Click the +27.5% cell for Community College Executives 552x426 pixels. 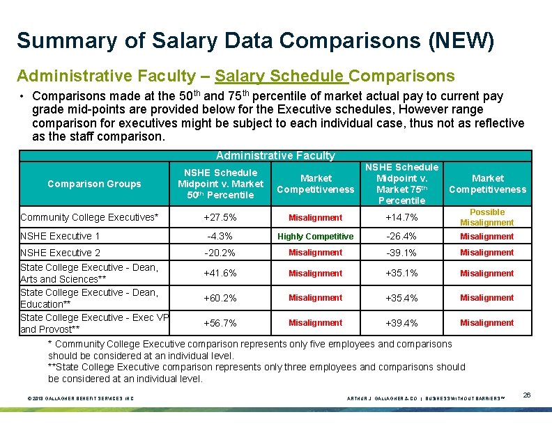coord(220,217)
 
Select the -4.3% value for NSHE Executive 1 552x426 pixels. coord(220,237)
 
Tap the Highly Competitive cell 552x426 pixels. coord(315,237)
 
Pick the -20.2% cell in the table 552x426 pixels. coord(220,253)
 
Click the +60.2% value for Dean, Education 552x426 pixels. coord(220,298)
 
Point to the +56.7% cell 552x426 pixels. coord(220,323)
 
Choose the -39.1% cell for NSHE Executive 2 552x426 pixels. coord(401,253)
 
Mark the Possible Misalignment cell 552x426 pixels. coord(486,217)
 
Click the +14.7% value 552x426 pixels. coord(401,217)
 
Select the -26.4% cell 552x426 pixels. coord(401,237)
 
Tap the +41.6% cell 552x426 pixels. coord(220,274)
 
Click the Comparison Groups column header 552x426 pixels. coord(94,184)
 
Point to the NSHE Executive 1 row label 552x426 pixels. coord(61,237)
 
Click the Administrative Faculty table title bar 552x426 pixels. coord(275,156)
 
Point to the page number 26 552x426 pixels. coord(527,395)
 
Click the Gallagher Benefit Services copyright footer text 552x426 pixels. coord(80,398)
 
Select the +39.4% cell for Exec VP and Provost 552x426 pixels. coord(401,323)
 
